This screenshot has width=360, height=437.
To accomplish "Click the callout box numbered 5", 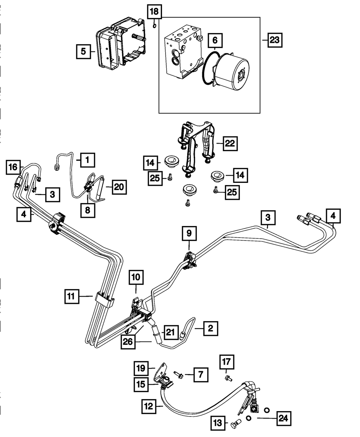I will [84, 51].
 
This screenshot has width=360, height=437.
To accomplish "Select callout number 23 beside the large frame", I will [275, 40].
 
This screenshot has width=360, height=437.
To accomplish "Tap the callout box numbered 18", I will [154, 12].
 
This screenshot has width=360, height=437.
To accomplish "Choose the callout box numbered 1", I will [87, 160].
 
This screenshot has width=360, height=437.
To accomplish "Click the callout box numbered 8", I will [88, 210].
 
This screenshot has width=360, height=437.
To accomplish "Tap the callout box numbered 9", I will [189, 234].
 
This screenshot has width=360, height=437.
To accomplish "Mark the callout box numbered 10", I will [137, 278].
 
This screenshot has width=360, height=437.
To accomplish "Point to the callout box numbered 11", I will [72, 297].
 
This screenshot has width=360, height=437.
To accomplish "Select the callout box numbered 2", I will [211, 328].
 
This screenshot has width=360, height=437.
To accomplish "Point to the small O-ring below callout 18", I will [154, 25].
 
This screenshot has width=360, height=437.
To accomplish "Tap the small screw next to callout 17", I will [228, 378].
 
